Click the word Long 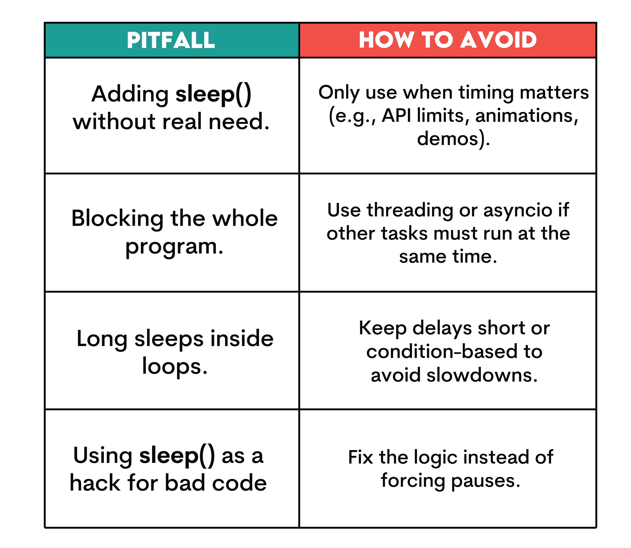pyautogui.click(x=102, y=339)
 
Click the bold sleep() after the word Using pyautogui.click(x=177, y=456)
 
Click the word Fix pyautogui.click(x=360, y=457)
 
